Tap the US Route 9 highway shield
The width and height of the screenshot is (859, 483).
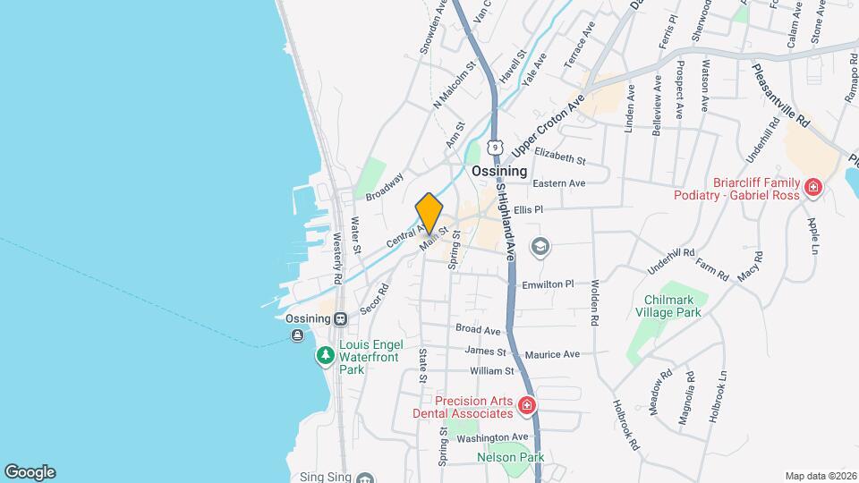pos(495,146)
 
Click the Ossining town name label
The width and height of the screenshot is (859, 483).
pos(499,171)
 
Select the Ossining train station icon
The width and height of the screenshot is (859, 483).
pos(341,318)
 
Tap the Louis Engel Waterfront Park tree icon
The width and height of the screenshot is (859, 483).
pos(325,356)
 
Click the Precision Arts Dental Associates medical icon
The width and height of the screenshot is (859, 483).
pos(527,406)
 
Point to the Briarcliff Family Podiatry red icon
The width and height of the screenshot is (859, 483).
pos(813,188)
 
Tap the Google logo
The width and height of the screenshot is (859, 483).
pos(30,471)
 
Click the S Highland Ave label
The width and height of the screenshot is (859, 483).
pos(506,223)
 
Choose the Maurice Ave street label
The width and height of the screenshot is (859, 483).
pos(552,354)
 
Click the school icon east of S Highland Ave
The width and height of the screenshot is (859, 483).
pos(540,245)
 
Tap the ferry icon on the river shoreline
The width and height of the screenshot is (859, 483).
pos(296,335)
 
